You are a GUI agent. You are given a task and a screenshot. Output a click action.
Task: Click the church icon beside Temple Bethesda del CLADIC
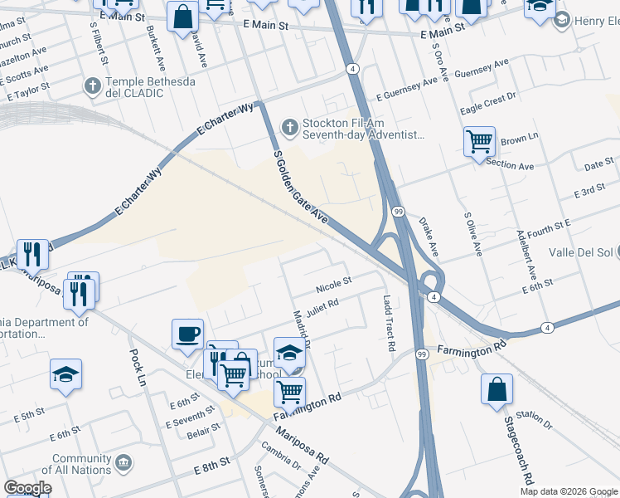click(x=93, y=85)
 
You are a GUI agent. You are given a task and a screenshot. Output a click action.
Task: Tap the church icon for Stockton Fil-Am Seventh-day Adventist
click(x=289, y=126)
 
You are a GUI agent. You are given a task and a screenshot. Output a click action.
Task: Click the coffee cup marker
click(x=187, y=334)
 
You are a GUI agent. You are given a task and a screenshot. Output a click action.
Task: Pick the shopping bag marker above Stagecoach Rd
click(x=496, y=389)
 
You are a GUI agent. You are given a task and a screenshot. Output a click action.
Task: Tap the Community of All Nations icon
click(x=124, y=460)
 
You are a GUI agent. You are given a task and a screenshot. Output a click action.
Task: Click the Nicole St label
click(x=333, y=285)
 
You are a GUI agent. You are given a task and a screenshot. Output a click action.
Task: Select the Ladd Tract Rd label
click(x=388, y=323)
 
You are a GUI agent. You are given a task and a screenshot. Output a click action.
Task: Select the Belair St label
click(x=204, y=431)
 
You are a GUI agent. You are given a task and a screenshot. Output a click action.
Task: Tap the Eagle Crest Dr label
click(x=487, y=103)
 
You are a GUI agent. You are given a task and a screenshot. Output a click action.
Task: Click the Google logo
click(x=27, y=488)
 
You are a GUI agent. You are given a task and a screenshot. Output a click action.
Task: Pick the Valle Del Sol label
click(x=584, y=252)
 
